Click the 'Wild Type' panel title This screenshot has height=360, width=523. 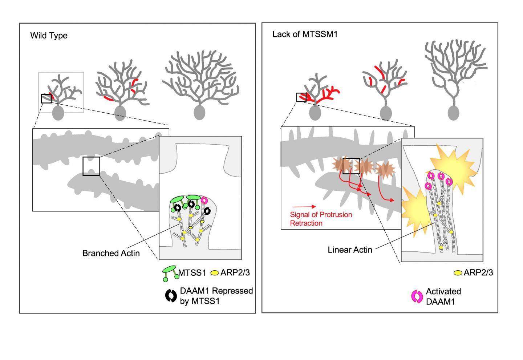[x=49, y=36]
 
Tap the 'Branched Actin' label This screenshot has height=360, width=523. [x=111, y=253]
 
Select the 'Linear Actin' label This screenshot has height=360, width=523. [x=350, y=250]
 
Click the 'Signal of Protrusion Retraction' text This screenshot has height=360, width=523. [x=321, y=219]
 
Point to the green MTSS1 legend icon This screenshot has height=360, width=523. [x=170, y=273]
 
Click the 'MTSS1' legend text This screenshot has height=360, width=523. [x=192, y=272]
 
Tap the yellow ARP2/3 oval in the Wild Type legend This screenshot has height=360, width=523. [x=215, y=272]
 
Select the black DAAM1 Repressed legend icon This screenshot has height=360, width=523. [x=170, y=296]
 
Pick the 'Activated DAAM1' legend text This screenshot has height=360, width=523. [x=443, y=296]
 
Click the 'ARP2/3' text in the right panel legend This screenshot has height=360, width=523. [x=478, y=272]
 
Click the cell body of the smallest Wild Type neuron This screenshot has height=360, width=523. [x=58, y=113]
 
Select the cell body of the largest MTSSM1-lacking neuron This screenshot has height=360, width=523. [x=453, y=113]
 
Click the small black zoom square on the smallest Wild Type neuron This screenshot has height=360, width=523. [x=46, y=98]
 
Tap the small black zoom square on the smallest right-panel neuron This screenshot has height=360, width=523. [x=301, y=97]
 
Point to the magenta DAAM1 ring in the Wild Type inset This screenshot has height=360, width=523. [x=204, y=200]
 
